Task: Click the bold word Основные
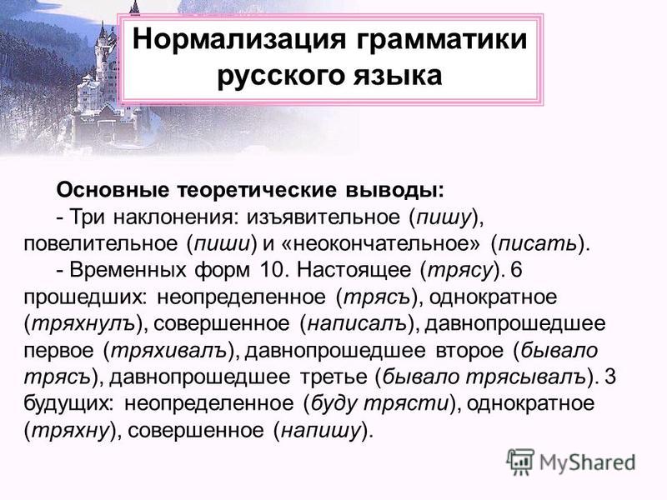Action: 113,190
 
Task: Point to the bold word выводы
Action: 394,190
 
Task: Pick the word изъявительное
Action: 323,217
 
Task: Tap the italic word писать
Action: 537,243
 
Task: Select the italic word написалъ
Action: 358,324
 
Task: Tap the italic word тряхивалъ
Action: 168,351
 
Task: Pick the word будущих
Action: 68,403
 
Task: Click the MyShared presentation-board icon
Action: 520,462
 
